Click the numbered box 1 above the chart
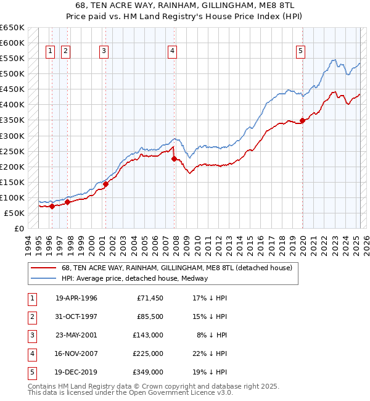coord(50,51)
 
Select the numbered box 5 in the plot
coord(300,51)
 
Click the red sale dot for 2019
coord(303,120)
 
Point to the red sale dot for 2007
coord(174,159)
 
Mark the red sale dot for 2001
coord(105,184)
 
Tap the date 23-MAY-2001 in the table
coord(76,335)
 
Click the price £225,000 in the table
coord(149,353)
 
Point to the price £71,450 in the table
coord(150,298)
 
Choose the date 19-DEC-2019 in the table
coord(76,372)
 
